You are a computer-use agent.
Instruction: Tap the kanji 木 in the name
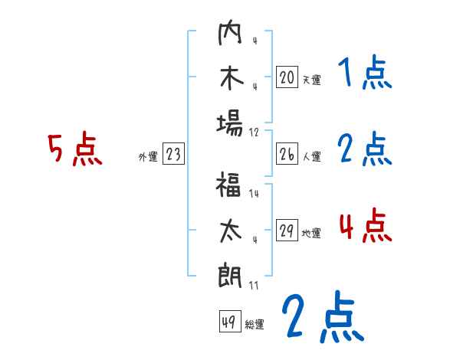pyautogui.click(x=230, y=79)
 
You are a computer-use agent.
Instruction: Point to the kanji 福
pyautogui.click(x=230, y=187)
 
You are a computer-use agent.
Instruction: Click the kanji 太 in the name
pyautogui.click(x=230, y=231)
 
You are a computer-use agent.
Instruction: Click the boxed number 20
pyautogui.click(x=286, y=77)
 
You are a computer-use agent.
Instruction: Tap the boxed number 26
pyautogui.click(x=286, y=155)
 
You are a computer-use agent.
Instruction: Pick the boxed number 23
pyautogui.click(x=172, y=155)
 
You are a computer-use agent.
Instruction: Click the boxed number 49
pyautogui.click(x=228, y=322)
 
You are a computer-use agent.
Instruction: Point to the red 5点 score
pyautogui.click(x=74, y=149)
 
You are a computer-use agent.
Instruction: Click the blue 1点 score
pyautogui.click(x=364, y=74)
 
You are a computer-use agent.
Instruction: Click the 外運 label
pyautogui.click(x=147, y=157)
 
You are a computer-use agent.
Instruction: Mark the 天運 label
pyautogui.click(x=311, y=80)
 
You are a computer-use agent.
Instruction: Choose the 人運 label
pyautogui.click(x=311, y=157)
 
